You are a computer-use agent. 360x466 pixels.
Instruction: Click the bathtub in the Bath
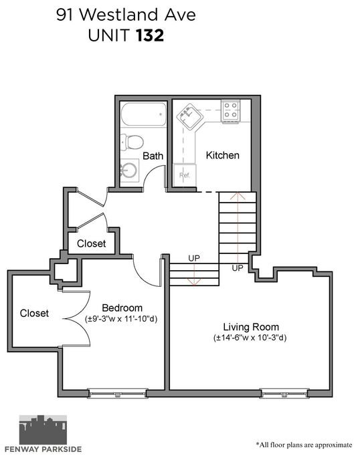143,114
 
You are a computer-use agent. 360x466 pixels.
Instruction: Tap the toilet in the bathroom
132,142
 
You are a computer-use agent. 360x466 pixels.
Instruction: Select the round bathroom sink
129,170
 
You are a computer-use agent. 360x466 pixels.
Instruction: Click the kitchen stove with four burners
231,110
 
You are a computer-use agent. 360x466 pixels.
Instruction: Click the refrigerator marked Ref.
185,175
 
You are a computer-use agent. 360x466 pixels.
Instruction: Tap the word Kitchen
223,155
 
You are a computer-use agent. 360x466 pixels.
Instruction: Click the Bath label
153,156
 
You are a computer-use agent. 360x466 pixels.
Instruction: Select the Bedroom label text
122,308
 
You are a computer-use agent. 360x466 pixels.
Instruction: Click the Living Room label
251,327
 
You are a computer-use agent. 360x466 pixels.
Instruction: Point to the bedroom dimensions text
121,319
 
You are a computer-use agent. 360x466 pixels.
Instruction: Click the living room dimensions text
250,338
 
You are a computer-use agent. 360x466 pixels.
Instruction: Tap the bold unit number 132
150,35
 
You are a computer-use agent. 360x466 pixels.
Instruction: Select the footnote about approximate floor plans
304,445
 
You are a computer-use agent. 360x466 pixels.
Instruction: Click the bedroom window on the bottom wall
118,394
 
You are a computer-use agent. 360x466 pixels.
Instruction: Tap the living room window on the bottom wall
284,394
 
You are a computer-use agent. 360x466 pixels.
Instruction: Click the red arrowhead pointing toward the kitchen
238,195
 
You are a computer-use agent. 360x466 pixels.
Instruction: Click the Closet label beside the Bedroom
34,314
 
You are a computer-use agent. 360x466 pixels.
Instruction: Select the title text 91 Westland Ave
126,15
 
